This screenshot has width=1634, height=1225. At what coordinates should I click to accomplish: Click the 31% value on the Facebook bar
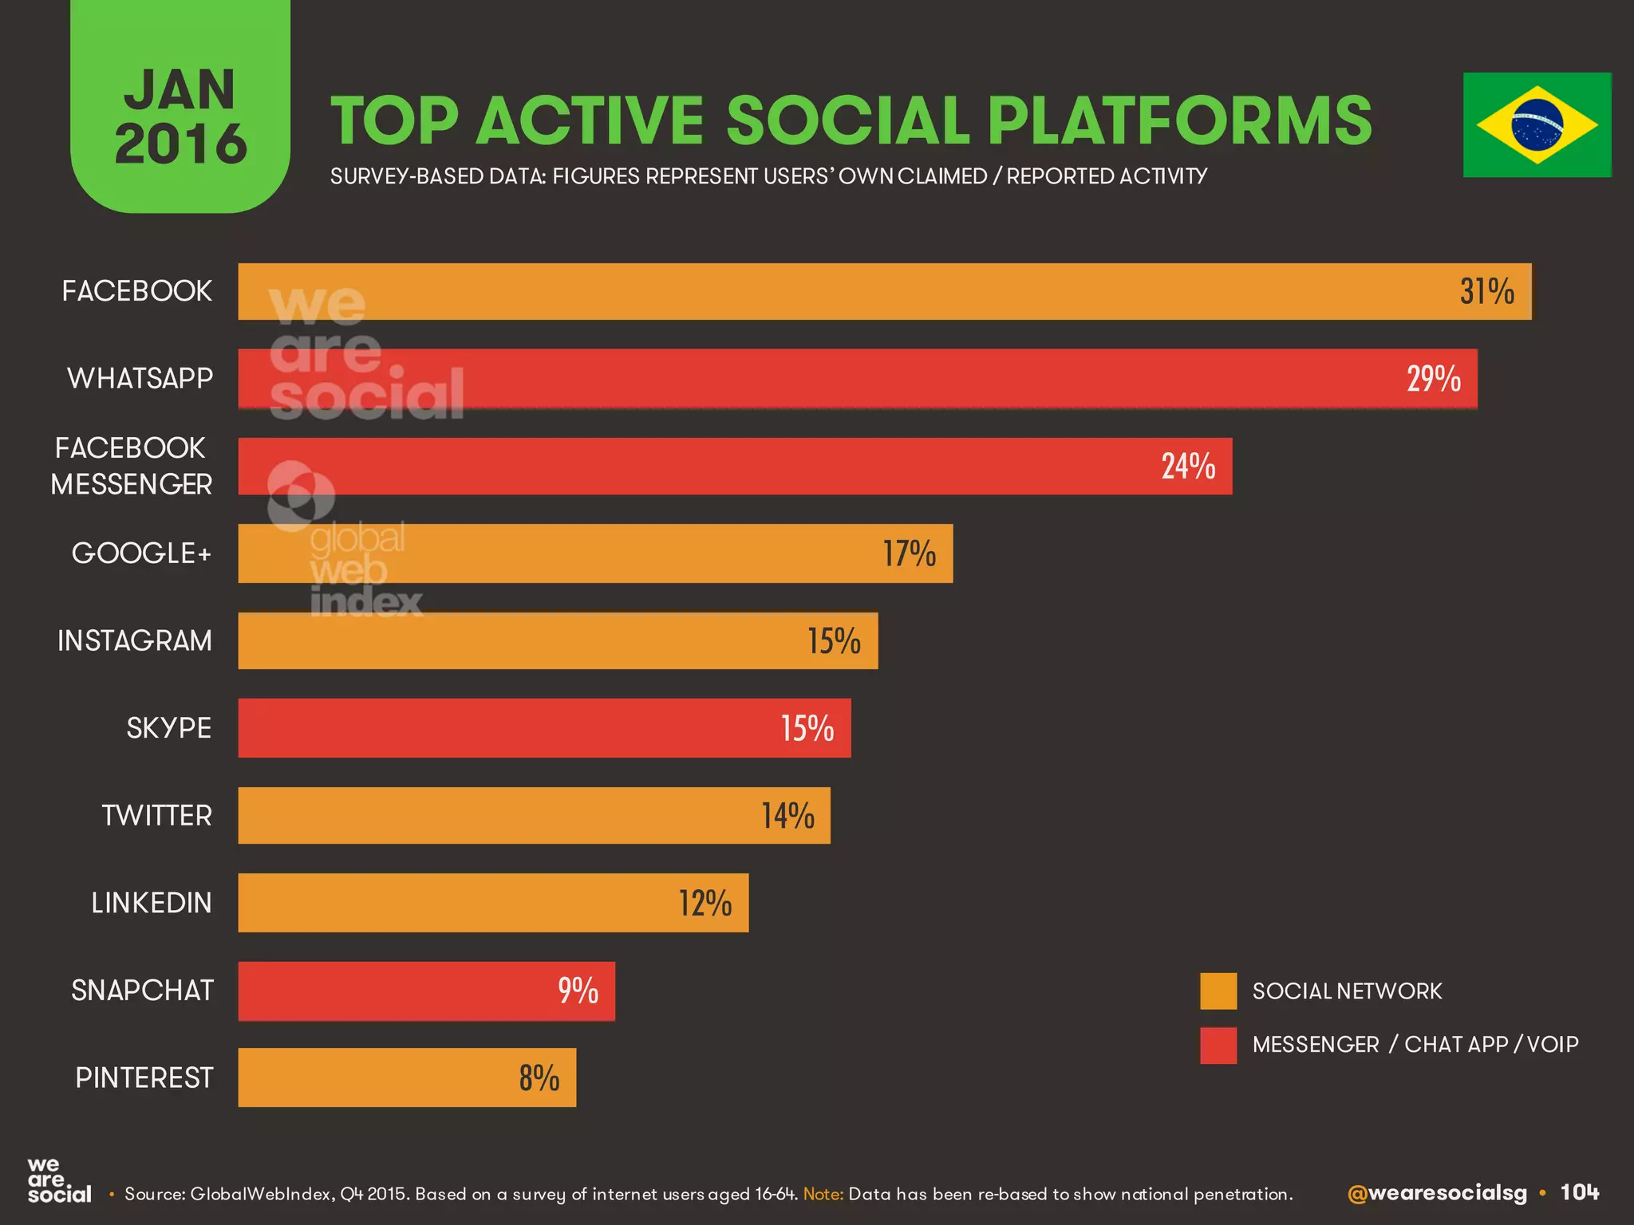(x=1486, y=292)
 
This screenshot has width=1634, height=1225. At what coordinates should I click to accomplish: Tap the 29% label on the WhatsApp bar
(x=1433, y=379)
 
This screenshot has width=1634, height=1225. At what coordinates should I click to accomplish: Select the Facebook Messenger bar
(x=734, y=467)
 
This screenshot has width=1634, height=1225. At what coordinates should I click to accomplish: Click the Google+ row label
(x=141, y=553)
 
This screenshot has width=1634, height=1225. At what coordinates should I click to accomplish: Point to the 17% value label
(x=909, y=553)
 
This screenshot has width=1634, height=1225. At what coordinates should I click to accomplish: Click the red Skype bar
(x=544, y=728)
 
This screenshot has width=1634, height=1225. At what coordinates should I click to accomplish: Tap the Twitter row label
(x=156, y=816)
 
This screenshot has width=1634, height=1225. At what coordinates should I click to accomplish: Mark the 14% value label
(x=787, y=816)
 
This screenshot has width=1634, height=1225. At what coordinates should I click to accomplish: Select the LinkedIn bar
(x=492, y=903)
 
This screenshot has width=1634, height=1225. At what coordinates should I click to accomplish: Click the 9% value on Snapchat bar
(x=578, y=991)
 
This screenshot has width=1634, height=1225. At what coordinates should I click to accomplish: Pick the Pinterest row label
(x=144, y=1078)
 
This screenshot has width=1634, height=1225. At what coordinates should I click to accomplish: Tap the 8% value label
(x=539, y=1078)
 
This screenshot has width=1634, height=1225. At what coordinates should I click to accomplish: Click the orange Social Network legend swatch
(x=1218, y=991)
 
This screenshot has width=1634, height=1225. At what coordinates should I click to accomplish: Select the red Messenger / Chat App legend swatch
(x=1218, y=1045)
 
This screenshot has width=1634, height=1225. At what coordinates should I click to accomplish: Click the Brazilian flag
(x=1537, y=125)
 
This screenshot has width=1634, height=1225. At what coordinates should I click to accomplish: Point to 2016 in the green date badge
(x=181, y=144)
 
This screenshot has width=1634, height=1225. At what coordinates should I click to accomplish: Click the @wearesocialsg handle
(x=1437, y=1193)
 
